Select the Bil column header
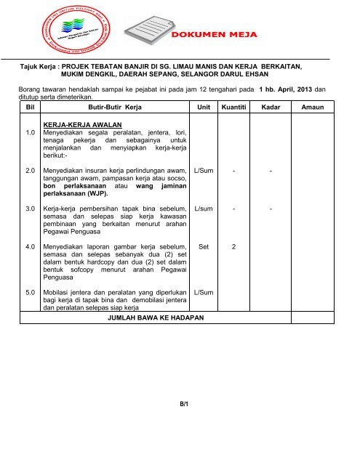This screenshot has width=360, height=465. click(x=28, y=107)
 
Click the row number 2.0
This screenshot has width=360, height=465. click(x=31, y=169)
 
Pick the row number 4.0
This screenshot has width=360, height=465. click(x=31, y=247)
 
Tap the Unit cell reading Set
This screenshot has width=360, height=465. click(x=203, y=247)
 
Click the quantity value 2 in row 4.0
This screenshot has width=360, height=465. click(x=233, y=247)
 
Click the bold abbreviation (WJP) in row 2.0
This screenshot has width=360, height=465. click(x=95, y=194)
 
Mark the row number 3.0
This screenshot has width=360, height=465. click(x=31, y=209)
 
